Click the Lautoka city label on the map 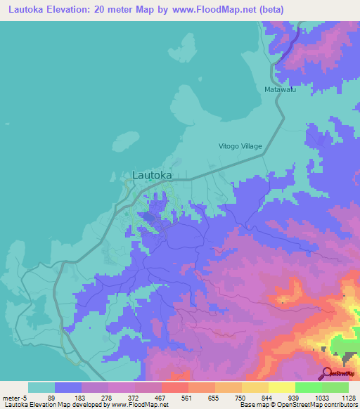click(152, 175)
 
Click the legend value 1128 click(347, 398)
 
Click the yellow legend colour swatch click(281, 387)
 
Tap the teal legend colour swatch click(41, 387)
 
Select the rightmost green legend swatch click(335, 387)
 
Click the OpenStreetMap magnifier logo click(328, 373)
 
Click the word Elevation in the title click(72, 10)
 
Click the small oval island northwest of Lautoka click(124, 138)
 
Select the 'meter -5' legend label click(13, 398)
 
